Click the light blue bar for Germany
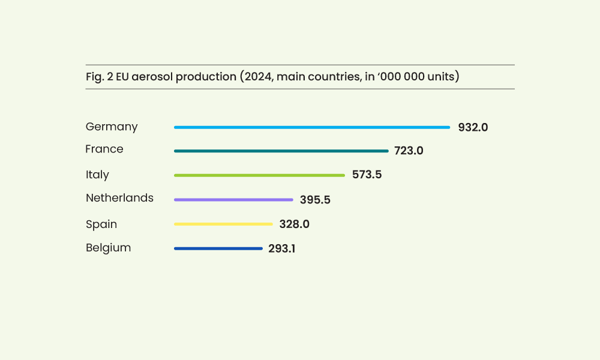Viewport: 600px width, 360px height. pos(312,127)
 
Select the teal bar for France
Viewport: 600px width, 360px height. pos(281,151)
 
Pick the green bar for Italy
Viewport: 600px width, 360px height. pos(259,175)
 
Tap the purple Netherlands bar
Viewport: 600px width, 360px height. pos(233,200)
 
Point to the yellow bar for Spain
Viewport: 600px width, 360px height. pos(223,224)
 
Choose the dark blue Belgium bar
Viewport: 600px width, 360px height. pos(218,248)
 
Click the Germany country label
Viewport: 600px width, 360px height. pos(112,127)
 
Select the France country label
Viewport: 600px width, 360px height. pos(104,149)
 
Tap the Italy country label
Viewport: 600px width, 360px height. pos(97,175)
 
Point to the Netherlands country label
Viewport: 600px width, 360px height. pos(119,198)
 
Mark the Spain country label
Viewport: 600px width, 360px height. pos(101,224)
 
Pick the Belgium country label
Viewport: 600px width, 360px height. pos(108,248)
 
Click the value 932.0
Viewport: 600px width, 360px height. pos(473,127)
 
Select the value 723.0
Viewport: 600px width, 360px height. pos(409,151)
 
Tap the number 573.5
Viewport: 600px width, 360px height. pos(367,175)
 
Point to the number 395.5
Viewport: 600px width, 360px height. pos(315,200)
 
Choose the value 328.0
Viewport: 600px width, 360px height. pos(294,224)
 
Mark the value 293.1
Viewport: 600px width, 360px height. pos(281,248)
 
